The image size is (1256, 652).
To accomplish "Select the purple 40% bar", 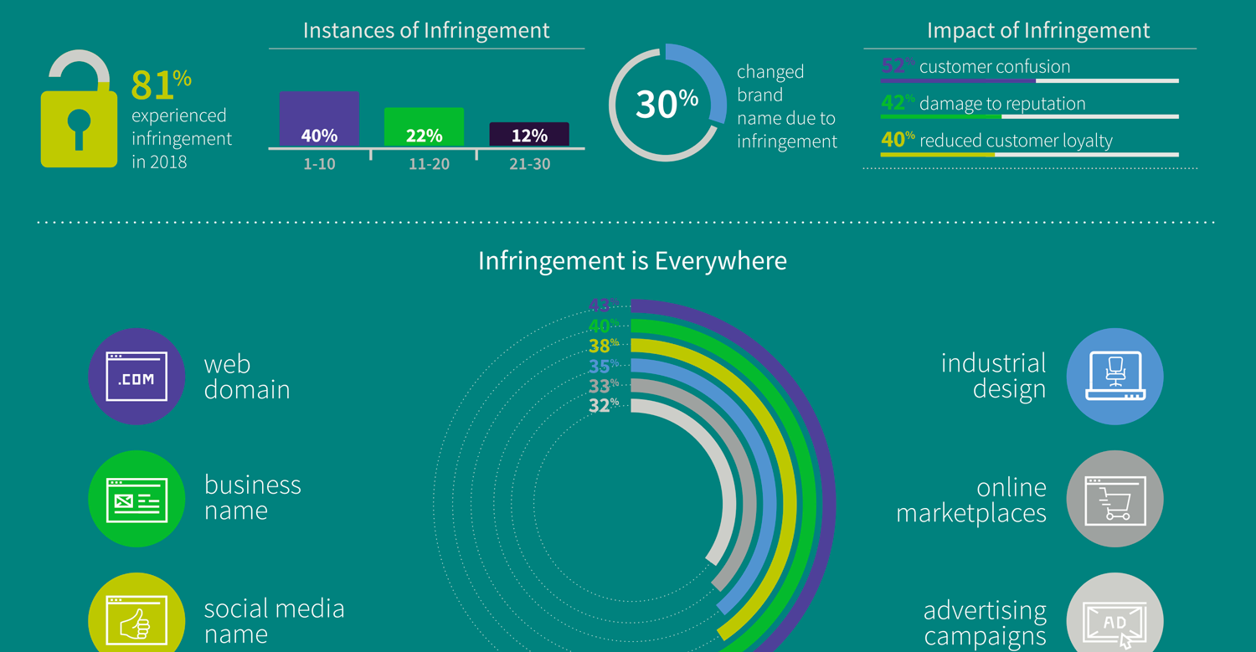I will pyautogui.click(x=319, y=119).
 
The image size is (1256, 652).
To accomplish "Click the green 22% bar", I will pyautogui.click(x=424, y=127).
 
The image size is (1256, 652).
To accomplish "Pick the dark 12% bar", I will pyautogui.click(x=529, y=135).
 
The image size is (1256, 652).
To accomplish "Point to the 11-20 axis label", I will pyautogui.click(x=429, y=165).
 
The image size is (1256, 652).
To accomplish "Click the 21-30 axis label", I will pyautogui.click(x=530, y=165).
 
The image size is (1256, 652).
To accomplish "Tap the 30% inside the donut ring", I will pyautogui.click(x=667, y=104).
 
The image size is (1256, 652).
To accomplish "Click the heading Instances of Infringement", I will pyautogui.click(x=426, y=31).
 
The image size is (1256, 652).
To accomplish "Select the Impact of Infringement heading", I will pyautogui.click(x=1038, y=31).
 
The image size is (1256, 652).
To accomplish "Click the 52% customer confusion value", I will pyautogui.click(x=897, y=66).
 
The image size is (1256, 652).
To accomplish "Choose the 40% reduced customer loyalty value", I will pyautogui.click(x=897, y=140).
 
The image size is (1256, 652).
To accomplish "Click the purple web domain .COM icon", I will pyautogui.click(x=136, y=377).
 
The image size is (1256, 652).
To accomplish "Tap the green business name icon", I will pyautogui.click(x=136, y=499).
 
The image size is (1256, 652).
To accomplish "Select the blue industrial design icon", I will pyautogui.click(x=1114, y=377).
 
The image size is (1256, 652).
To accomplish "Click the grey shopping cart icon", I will pyautogui.click(x=1114, y=499).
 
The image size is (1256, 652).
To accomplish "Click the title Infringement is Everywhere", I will pyautogui.click(x=632, y=261).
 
